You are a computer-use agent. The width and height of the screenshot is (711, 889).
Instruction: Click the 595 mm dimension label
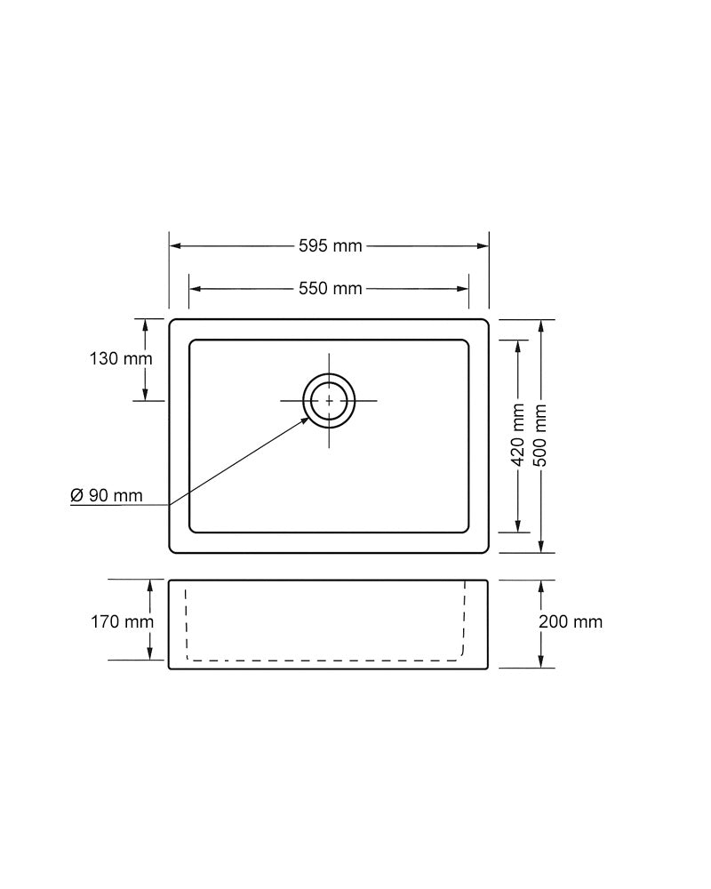click(x=330, y=245)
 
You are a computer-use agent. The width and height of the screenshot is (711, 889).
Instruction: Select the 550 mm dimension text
click(x=330, y=289)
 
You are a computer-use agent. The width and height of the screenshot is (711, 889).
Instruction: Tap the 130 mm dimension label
click(x=121, y=358)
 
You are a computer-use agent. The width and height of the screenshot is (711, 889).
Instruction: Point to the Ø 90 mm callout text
click(x=107, y=495)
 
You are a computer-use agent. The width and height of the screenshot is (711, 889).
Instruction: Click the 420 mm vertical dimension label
click(x=518, y=435)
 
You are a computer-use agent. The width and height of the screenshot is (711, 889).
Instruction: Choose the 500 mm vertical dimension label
click(x=541, y=435)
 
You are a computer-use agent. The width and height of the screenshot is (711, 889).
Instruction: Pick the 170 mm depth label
click(x=122, y=621)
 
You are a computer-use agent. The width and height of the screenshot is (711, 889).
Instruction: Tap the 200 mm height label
click(x=571, y=621)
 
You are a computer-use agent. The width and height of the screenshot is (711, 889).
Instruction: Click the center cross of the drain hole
click(x=330, y=401)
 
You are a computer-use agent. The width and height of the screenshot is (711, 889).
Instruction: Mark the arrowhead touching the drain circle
click(x=305, y=420)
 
